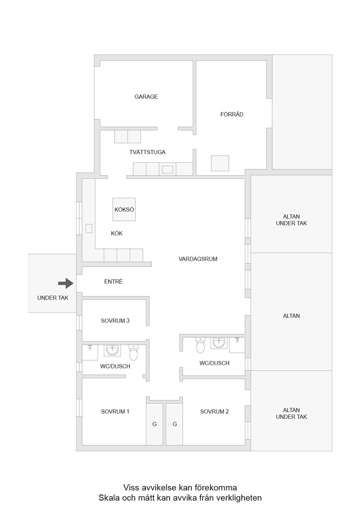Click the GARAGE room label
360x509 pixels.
(x=146, y=97)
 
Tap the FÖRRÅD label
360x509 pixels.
(x=232, y=114)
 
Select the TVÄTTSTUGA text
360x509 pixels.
(x=147, y=152)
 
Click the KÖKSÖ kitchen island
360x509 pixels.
(x=124, y=209)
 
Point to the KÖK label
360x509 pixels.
(x=117, y=233)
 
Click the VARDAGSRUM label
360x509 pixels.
(x=198, y=259)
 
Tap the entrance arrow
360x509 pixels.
(x=66, y=283)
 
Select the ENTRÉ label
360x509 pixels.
(x=113, y=281)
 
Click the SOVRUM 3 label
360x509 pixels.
(x=115, y=320)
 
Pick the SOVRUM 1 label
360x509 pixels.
(x=115, y=412)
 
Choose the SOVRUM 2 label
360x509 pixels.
(x=214, y=412)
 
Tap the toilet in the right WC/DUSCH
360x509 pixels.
(x=201, y=345)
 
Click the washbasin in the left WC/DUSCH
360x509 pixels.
(x=112, y=350)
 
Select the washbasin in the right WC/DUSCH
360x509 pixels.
(x=219, y=343)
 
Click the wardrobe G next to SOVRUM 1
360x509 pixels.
(x=154, y=424)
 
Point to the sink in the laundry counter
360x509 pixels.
(x=168, y=169)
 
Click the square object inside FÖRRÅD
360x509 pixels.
(x=220, y=163)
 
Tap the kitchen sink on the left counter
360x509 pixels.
(x=89, y=229)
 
